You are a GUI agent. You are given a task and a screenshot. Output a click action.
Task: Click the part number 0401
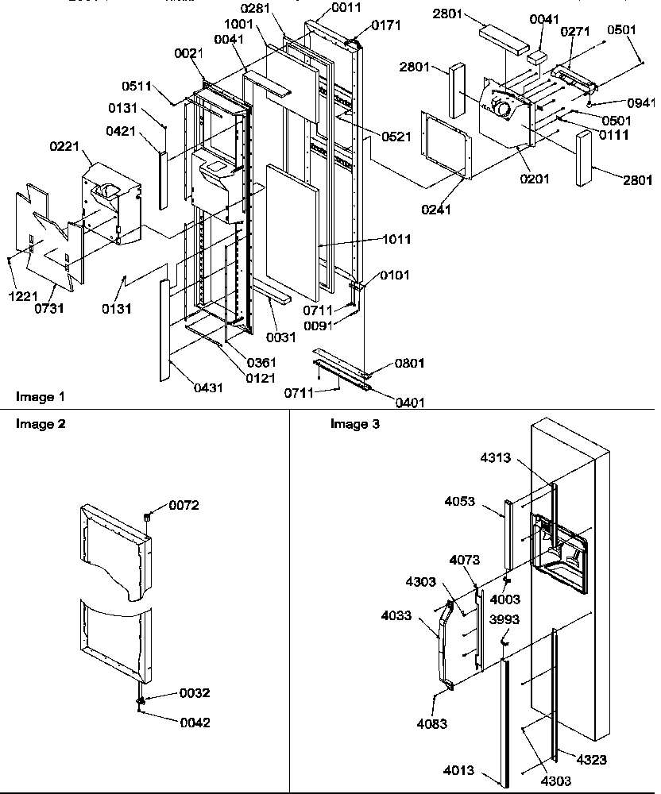(409, 403)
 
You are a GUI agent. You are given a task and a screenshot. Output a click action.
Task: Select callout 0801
(409, 363)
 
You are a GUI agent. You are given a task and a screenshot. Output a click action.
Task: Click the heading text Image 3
(355, 424)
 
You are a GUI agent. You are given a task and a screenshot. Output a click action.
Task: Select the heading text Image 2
(41, 424)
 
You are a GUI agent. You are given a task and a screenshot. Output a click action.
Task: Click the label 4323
(591, 760)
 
